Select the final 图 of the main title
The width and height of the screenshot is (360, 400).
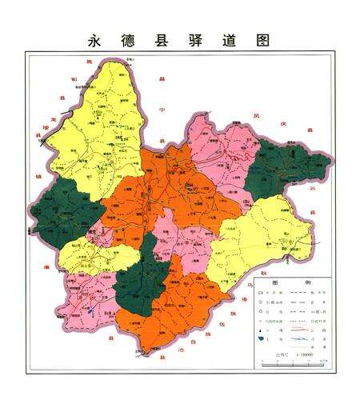(x=259, y=39)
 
